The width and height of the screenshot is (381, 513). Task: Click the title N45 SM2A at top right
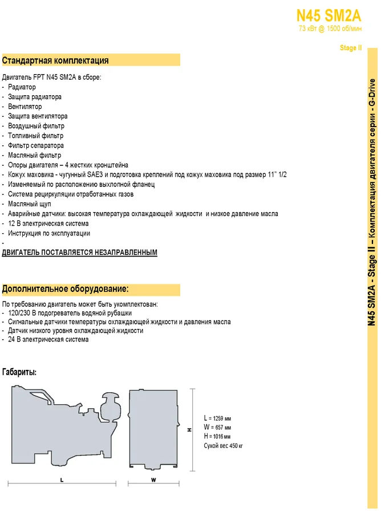(329, 15)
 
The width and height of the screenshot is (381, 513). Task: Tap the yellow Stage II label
(350, 48)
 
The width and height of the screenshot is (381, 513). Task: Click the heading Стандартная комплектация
(55, 60)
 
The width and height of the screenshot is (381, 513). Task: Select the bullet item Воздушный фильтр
(36, 126)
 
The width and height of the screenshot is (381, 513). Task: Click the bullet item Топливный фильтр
(35, 136)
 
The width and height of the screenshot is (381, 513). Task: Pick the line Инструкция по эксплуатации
(49, 233)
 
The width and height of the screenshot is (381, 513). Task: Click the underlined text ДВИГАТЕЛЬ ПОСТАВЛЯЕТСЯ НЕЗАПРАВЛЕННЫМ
(79, 252)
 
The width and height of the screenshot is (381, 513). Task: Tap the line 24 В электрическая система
(48, 340)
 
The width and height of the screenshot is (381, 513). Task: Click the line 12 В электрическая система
(48, 223)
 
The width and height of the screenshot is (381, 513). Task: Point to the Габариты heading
(19, 373)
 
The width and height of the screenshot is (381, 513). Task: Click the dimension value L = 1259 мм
(217, 418)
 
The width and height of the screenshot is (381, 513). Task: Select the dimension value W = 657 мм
(217, 427)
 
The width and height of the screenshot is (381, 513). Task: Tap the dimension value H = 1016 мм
(217, 436)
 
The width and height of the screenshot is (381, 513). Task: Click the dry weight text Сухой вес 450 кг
(224, 445)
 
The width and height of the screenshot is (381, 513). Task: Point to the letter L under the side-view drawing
(62, 480)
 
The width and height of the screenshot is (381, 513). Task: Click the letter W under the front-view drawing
(153, 480)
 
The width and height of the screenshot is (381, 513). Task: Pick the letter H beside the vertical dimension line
(189, 430)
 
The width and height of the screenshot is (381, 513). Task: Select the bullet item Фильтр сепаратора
(36, 145)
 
